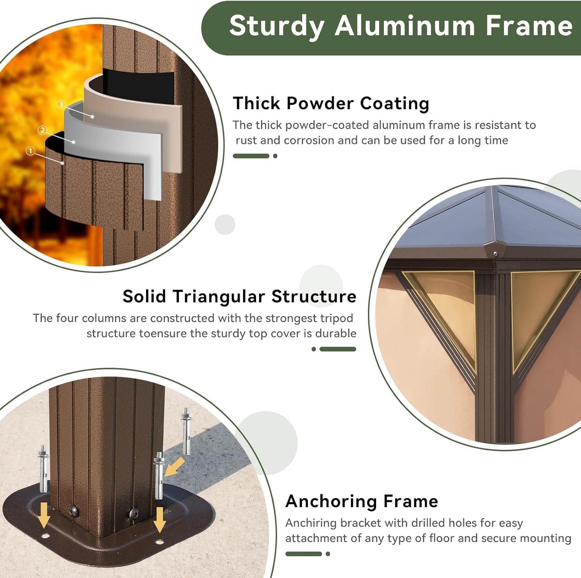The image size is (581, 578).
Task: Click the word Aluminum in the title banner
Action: (x=405, y=26)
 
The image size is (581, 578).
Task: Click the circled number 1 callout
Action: (x=30, y=151)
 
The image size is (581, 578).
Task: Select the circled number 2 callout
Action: (x=43, y=130)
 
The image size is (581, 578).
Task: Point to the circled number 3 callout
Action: (x=61, y=104)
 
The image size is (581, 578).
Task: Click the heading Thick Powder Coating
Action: (x=331, y=104)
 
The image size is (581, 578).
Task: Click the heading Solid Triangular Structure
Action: (x=239, y=297)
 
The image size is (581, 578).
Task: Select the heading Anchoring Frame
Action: (x=362, y=501)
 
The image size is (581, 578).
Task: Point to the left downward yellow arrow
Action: (x=44, y=515)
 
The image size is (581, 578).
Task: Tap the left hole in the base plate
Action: (x=45, y=536)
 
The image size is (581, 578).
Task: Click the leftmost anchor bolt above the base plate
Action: (x=43, y=468)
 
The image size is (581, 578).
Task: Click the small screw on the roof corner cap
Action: (x=495, y=254)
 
